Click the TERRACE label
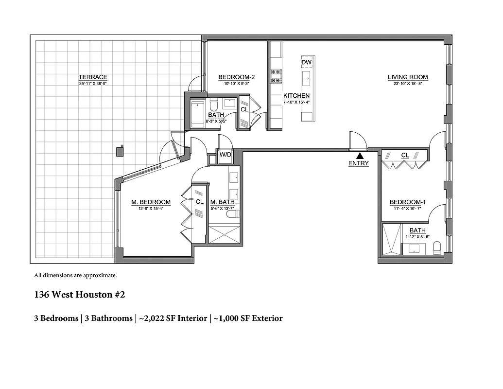click(93, 77)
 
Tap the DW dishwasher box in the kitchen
click(306, 63)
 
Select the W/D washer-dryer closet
click(225, 155)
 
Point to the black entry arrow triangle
click(359, 156)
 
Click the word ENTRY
click(359, 164)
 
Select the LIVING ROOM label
click(407, 77)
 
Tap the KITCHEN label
click(296, 96)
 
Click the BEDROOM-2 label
click(236, 77)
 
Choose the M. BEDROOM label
click(151, 202)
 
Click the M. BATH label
click(222, 202)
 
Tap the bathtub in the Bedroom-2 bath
click(197, 115)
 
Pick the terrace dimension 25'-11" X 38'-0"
click(93, 84)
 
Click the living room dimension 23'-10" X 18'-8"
click(407, 84)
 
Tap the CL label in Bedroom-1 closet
click(404, 156)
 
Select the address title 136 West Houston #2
click(80, 295)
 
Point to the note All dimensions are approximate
click(75, 275)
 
